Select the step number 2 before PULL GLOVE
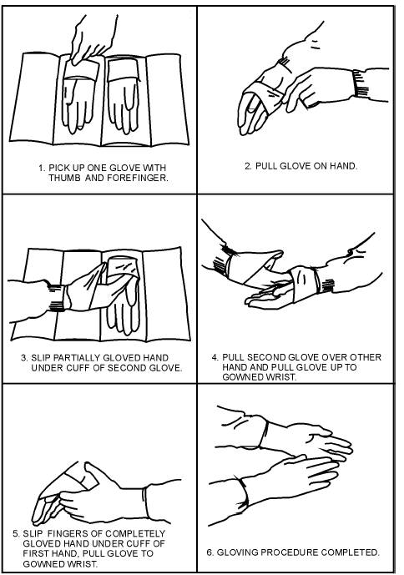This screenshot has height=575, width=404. pyautogui.click(x=249, y=166)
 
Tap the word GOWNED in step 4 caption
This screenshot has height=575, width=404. pyautogui.click(x=240, y=377)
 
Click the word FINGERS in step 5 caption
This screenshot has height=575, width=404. pyautogui.click(x=74, y=533)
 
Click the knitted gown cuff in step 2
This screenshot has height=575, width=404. pyautogui.click(x=361, y=83)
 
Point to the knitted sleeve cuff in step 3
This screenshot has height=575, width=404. pyautogui.click(x=58, y=298)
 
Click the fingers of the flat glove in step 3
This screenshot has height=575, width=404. pyautogui.click(x=122, y=316)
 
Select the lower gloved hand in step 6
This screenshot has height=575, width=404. pyautogui.click(x=290, y=477)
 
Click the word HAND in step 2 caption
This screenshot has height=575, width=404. pyautogui.click(x=343, y=166)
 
